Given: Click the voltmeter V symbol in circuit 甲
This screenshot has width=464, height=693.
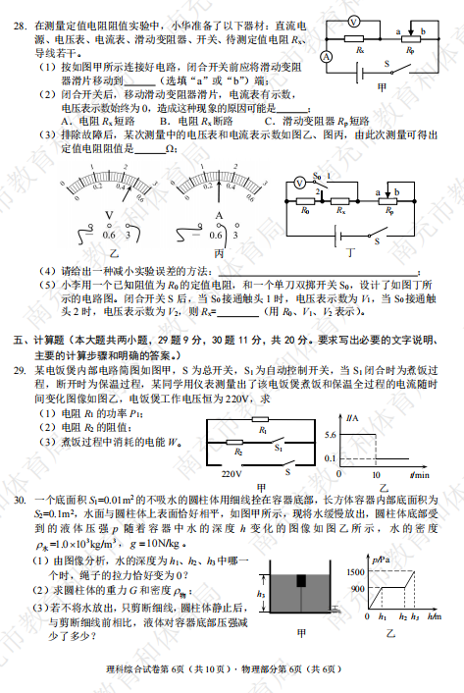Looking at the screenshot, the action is pyautogui.click(x=353, y=22).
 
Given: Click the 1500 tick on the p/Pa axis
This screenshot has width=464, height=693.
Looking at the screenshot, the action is pyautogui.click(x=353, y=570).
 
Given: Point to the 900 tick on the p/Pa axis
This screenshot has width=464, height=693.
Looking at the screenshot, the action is pyautogui.click(x=355, y=586).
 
